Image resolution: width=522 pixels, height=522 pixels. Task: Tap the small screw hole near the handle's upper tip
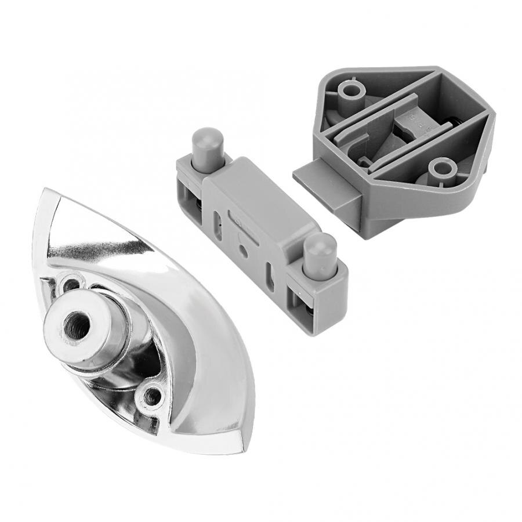click(72, 284)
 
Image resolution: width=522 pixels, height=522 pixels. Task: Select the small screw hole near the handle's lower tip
click(153, 397)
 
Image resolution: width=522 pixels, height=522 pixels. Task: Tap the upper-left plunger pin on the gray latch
click(207, 150)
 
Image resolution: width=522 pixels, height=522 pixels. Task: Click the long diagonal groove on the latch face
click(246, 226)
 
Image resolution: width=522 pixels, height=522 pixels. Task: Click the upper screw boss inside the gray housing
click(351, 90)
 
